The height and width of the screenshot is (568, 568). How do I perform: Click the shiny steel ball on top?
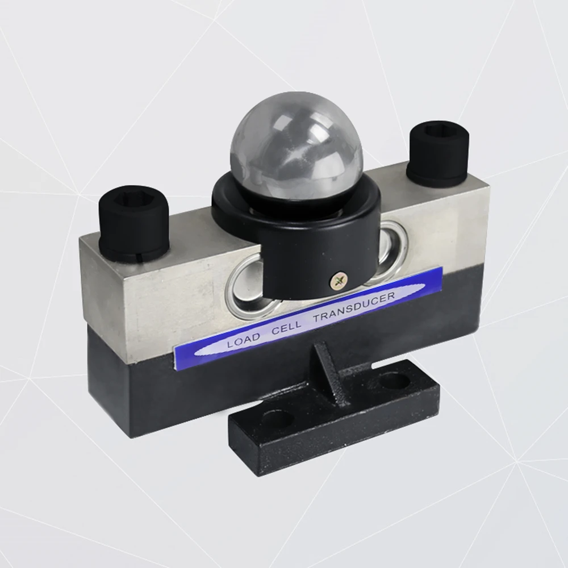[296, 150]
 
